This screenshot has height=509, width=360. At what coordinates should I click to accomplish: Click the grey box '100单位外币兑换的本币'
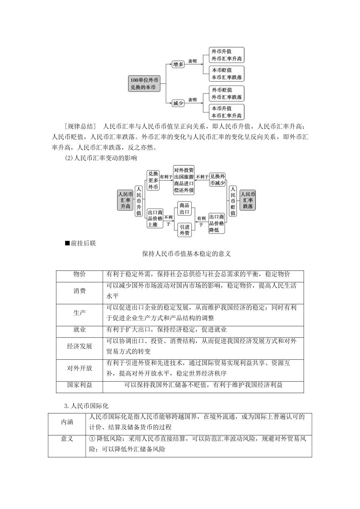pos(144,84)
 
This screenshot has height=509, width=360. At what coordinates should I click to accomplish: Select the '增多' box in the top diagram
pos(178,64)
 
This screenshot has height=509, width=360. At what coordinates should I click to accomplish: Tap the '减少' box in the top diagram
pos(178,103)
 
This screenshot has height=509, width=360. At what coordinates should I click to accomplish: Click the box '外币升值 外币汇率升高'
pos(227,55)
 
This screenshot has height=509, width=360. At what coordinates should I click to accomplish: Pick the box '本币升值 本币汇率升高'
pos(227,112)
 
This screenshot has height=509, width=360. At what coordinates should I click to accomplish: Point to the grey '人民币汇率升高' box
pos(125,200)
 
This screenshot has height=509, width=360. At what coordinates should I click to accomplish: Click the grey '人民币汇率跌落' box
pos(248,200)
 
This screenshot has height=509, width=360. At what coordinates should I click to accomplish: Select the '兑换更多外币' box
pos(153,180)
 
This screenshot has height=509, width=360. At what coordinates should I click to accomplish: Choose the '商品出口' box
pos(185,209)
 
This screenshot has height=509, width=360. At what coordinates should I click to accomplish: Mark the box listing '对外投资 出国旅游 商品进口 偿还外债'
pos(184,180)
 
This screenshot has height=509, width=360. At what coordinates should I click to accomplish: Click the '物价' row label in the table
pos(80,275)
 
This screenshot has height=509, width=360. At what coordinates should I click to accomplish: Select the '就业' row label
pos(80,330)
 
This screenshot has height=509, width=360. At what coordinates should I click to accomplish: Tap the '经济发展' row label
pos(80,346)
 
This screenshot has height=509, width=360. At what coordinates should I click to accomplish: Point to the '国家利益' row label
pos(80,385)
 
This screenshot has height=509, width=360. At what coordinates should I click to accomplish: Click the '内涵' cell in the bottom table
pos(67,422)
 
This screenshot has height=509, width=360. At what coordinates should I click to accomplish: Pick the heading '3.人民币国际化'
pos(86,406)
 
